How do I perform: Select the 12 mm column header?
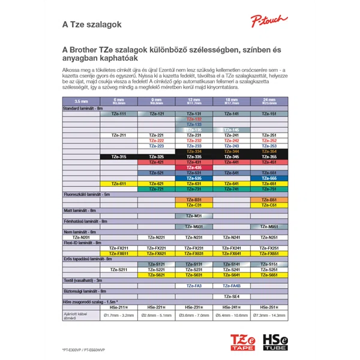click(x=194, y=101)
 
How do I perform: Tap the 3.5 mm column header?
click(x=80, y=101)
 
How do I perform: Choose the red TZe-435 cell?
click(x=194, y=167)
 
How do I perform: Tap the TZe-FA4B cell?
click(x=232, y=286)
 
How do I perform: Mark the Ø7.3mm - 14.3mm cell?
click(x=269, y=314)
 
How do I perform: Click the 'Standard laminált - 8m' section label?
click(x=83, y=108)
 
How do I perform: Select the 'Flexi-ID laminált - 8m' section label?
click(x=84, y=242)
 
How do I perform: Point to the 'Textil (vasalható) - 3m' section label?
click(x=83, y=280)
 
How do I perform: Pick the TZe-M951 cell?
click(x=269, y=227)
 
